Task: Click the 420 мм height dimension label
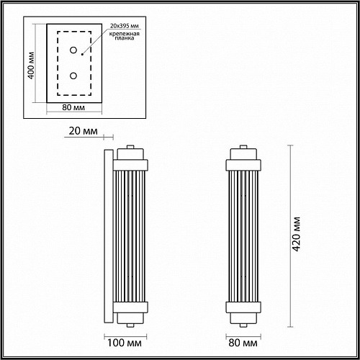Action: click(x=297, y=234)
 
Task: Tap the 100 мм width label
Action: click(x=125, y=343)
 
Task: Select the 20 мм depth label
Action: click(x=84, y=131)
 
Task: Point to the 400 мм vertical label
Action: click(x=31, y=66)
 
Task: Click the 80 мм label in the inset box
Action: click(x=73, y=107)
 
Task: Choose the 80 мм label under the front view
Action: click(x=243, y=343)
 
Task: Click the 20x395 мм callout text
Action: click(x=125, y=26)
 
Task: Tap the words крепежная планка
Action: click(x=125, y=36)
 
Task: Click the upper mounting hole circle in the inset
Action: click(x=73, y=50)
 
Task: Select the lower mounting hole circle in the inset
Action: click(x=73, y=76)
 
